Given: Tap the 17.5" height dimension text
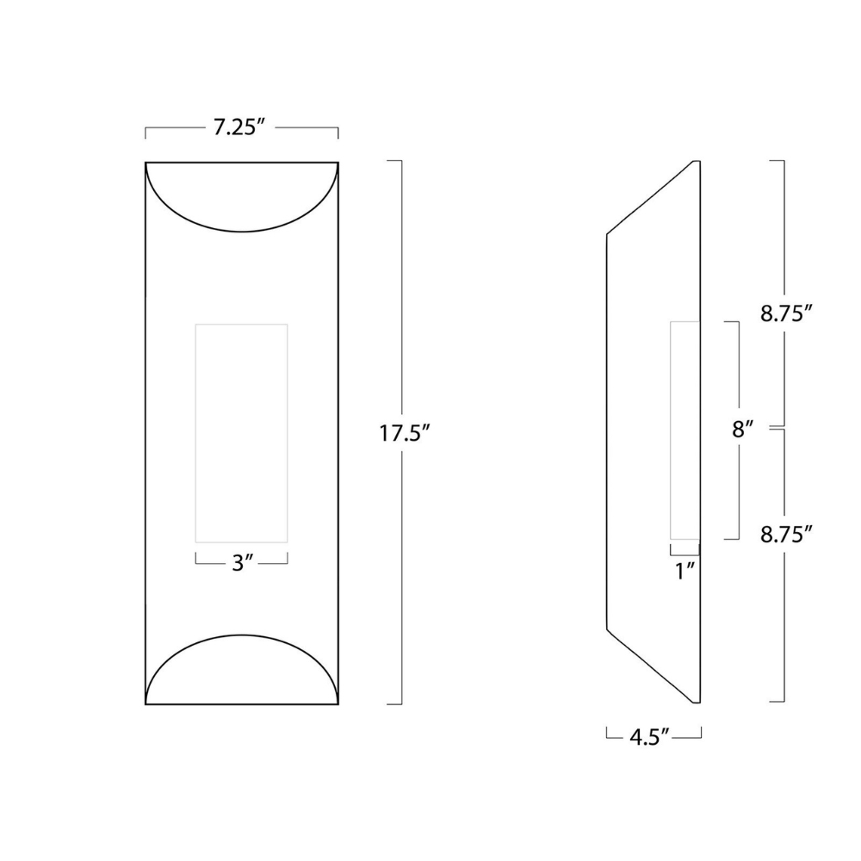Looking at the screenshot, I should tap(404, 434).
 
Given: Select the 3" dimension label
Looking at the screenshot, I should tap(242, 564).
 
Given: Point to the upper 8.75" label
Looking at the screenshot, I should tap(786, 314).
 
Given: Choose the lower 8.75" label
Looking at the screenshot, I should tap(786, 535).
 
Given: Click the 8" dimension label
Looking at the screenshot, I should tap(743, 430).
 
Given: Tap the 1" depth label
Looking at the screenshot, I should tap(685, 571).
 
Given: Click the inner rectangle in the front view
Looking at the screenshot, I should tap(242, 433).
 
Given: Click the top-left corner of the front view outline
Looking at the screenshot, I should tap(146, 162).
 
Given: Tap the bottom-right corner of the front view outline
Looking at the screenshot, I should tap(338, 704).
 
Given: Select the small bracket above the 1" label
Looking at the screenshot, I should tap(685, 548).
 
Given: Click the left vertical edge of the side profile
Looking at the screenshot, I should tap(608, 430).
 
